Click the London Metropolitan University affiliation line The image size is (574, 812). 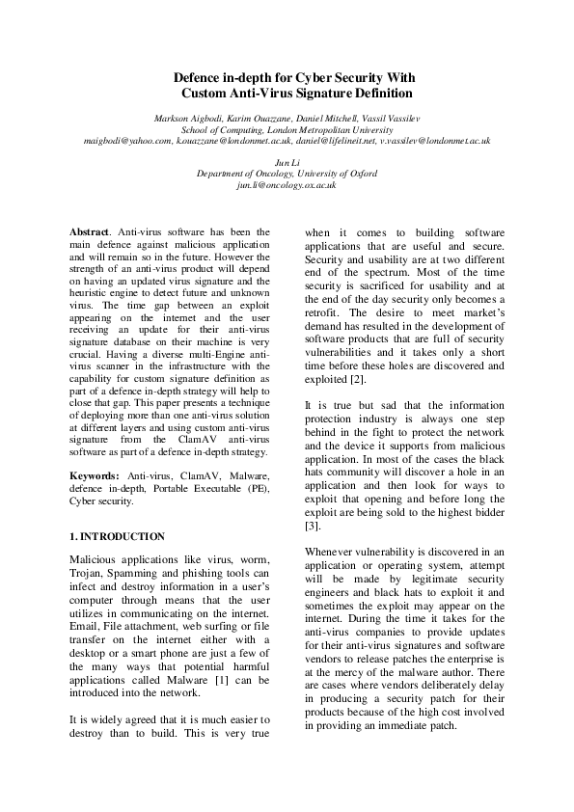(287, 129)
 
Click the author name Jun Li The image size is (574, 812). (287, 163)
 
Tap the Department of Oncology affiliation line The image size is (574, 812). (287, 174)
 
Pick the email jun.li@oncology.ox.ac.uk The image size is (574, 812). (287, 184)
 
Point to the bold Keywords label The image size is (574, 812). (95, 475)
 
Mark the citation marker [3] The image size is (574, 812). (312, 527)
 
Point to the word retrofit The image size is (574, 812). (323, 313)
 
